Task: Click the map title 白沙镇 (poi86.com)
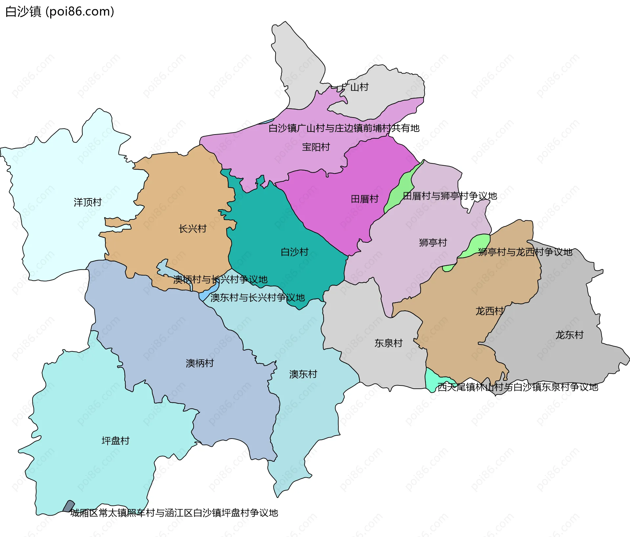click(60, 11)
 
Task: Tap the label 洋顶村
click(88, 202)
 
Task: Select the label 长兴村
click(192, 229)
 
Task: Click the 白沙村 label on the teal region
click(294, 252)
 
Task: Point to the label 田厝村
click(365, 199)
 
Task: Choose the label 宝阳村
click(316, 147)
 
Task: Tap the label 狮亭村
click(433, 242)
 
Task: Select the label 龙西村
click(489, 311)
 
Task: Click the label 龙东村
click(569, 335)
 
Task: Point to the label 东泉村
click(388, 343)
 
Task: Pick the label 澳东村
click(303, 374)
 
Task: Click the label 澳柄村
click(199, 363)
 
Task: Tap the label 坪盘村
click(115, 441)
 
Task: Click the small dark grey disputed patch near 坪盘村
click(69, 506)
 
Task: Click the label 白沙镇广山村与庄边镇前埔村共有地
click(344, 128)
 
